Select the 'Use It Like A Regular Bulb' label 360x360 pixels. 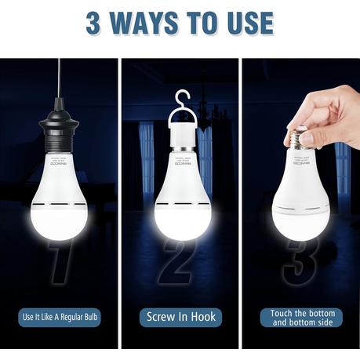(x=60, y=318)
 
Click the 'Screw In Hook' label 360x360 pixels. (x=180, y=318)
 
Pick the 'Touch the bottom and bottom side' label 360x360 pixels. (x=300, y=318)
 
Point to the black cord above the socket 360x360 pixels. (x=58, y=86)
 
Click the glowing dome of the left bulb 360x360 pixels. (x=61, y=219)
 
